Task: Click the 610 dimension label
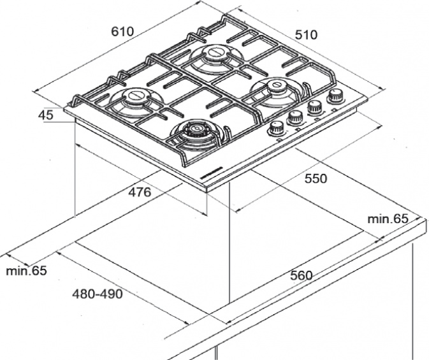122,32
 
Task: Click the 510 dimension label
306,35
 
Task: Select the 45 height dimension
46,115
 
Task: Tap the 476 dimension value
140,192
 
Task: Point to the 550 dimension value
316,178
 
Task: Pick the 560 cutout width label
302,275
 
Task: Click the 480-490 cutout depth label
98,294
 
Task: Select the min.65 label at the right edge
388,219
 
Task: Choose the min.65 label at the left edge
26,271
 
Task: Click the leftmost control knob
276,127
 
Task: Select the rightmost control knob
334,96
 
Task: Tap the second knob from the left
295,118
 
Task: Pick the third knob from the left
315,106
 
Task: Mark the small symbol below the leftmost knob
279,140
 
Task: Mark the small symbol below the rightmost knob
334,110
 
